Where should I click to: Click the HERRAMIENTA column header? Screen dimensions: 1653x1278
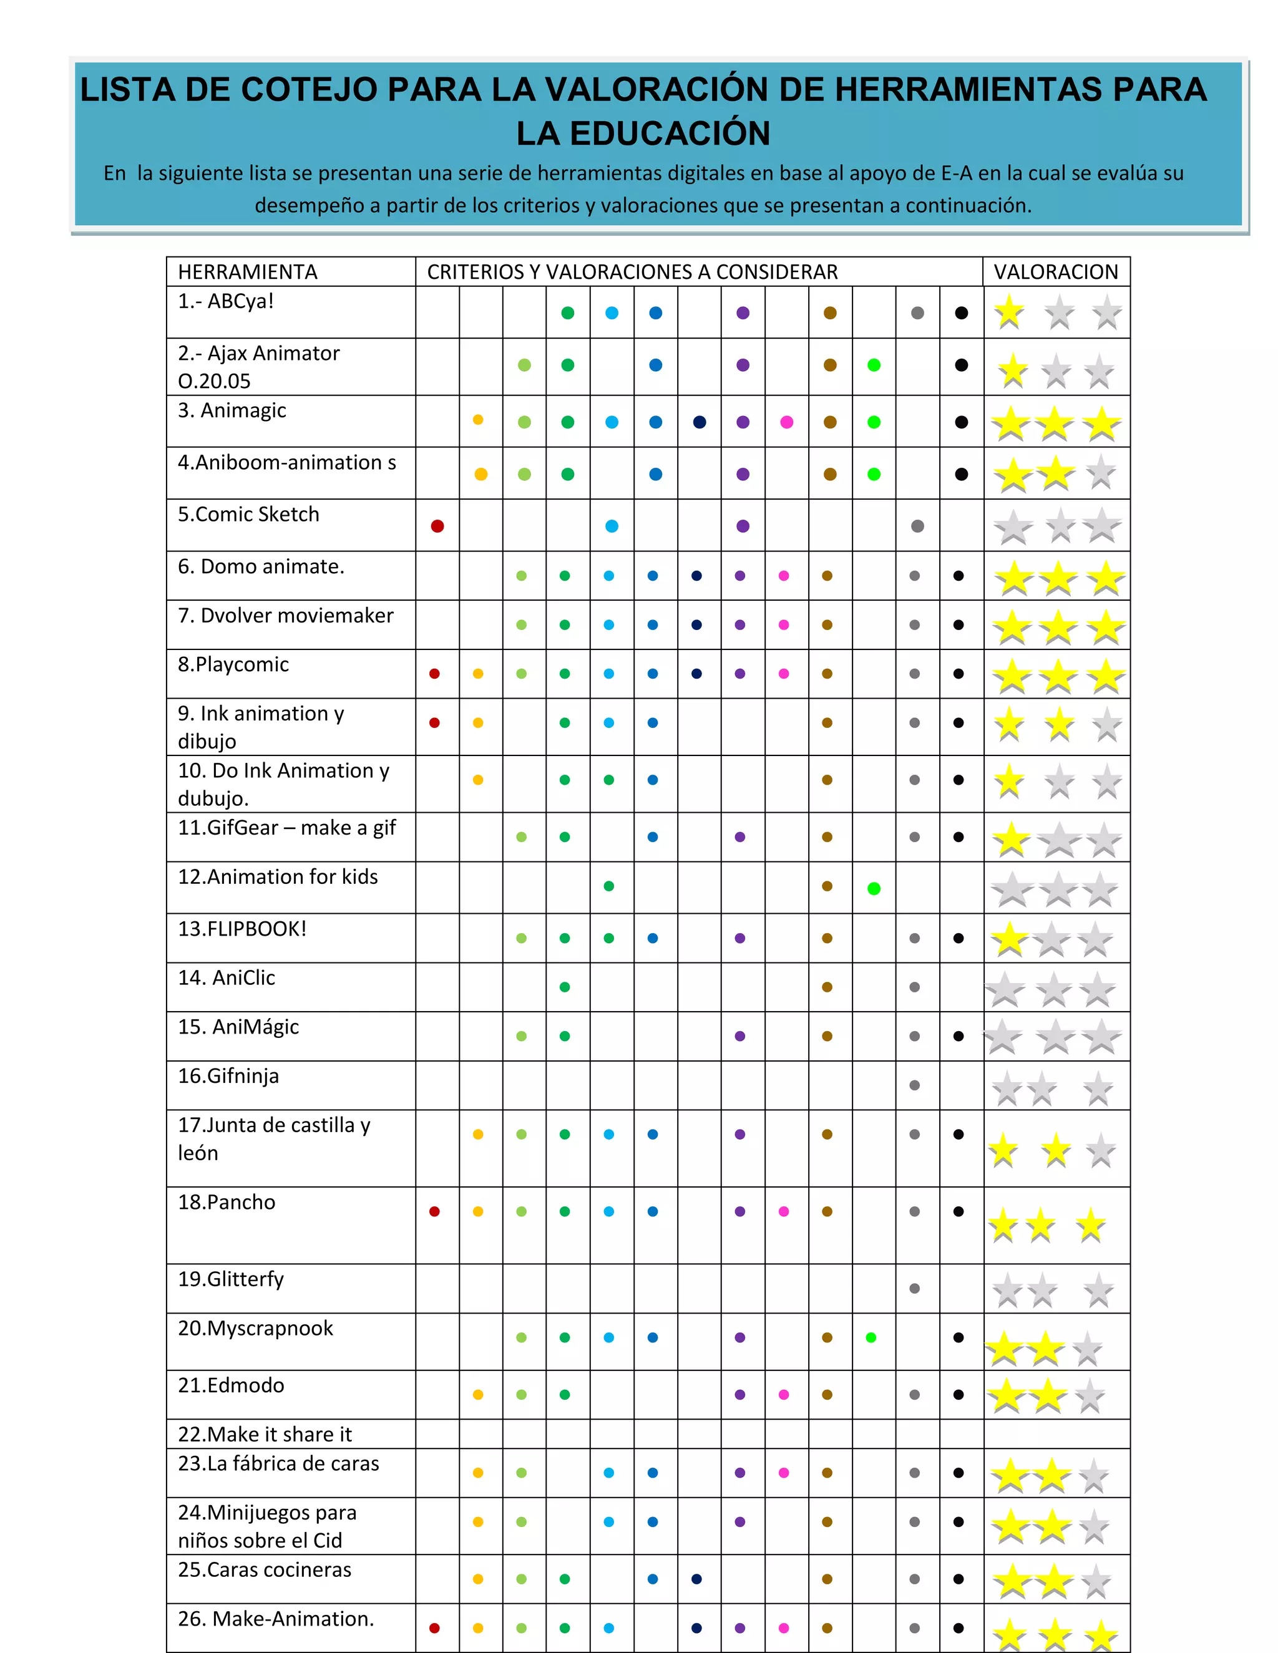tap(248, 272)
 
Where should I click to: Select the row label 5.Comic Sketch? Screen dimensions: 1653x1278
tap(248, 514)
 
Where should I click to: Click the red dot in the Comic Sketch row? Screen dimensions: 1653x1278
tap(437, 526)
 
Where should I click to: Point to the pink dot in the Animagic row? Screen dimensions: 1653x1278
tap(787, 422)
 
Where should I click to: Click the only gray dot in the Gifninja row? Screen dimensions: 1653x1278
tap(915, 1085)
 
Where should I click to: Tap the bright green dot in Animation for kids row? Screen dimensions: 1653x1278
tap(874, 888)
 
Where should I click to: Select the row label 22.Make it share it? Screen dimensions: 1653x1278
tap(265, 1434)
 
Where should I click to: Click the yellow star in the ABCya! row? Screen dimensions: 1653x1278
tap(1009, 313)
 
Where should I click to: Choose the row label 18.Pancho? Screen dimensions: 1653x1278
tap(227, 1202)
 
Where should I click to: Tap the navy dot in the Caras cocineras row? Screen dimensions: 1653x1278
tap(696, 1579)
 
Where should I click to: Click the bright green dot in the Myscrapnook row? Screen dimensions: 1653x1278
tap(871, 1337)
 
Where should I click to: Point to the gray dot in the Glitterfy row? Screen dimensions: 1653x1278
tap(915, 1288)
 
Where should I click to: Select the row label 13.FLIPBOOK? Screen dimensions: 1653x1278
tap(242, 929)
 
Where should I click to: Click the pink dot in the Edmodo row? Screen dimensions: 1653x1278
tap(784, 1395)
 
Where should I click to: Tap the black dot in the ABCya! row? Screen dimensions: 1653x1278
tap(962, 313)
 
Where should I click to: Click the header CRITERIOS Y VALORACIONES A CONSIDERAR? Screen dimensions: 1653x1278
tap(632, 272)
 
